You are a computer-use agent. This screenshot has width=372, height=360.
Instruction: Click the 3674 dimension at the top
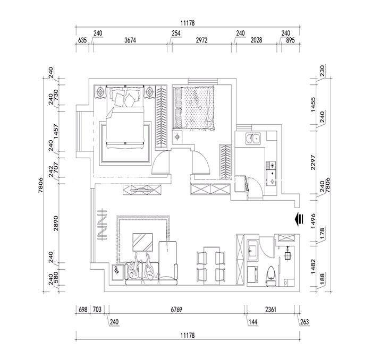(130, 40)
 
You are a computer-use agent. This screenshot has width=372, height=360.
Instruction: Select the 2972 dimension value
(201, 40)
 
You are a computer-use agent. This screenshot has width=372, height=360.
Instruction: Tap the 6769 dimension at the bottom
(176, 310)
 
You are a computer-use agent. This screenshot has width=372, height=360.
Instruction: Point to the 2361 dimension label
(270, 310)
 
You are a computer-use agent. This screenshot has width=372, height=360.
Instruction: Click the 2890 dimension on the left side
(56, 223)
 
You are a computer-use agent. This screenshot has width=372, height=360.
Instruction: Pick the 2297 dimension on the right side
(314, 162)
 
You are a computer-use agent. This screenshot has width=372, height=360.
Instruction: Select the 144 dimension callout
(253, 322)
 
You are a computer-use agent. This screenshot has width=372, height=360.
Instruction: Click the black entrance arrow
(299, 219)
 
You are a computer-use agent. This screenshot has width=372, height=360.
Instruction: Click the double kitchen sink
(253, 139)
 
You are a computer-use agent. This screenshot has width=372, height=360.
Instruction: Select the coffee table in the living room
(142, 242)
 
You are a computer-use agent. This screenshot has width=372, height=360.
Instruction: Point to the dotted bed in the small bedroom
(193, 108)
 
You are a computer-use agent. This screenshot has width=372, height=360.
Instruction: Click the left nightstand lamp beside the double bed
(100, 92)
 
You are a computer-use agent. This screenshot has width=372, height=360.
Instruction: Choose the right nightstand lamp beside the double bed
(150, 92)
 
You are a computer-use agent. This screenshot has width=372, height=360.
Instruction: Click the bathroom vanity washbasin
(252, 251)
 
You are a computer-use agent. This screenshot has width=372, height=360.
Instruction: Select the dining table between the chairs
(212, 265)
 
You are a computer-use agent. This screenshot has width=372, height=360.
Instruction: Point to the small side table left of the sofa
(118, 272)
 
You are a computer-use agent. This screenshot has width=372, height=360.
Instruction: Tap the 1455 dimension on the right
(314, 105)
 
